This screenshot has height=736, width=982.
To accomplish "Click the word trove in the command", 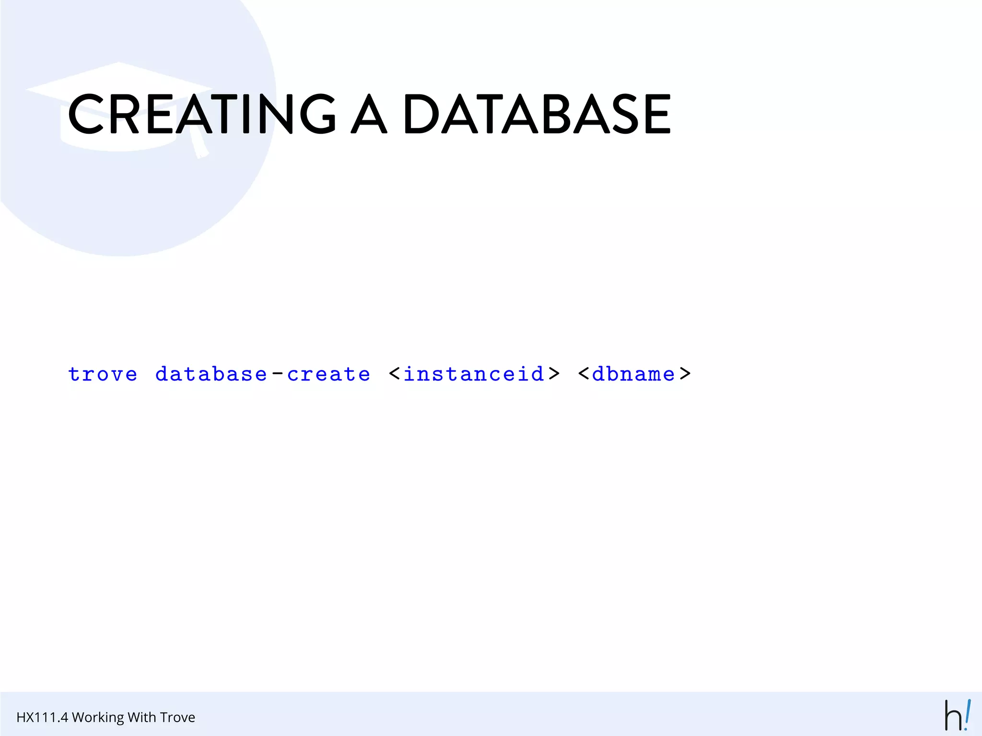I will point(103,374).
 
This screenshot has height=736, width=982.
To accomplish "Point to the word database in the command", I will point(211,374).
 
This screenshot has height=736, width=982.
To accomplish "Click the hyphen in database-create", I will point(277,374).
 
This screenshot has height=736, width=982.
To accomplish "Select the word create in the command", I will point(329,374).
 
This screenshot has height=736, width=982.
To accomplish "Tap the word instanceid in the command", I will point(474,374).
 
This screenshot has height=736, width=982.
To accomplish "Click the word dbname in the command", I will point(633,374).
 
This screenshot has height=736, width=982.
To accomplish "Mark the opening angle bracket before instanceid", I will point(395,374).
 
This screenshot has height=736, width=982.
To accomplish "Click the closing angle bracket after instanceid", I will point(554,374).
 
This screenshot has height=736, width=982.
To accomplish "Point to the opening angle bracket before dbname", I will point(584,374).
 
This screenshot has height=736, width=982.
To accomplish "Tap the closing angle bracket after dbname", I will point(685,374).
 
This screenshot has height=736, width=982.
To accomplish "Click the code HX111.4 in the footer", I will point(42,717).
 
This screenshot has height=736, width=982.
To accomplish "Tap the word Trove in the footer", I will point(177,717).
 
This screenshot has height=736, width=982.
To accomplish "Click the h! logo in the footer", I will point(957,715).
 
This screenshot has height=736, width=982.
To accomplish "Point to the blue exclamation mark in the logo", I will point(968,714).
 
